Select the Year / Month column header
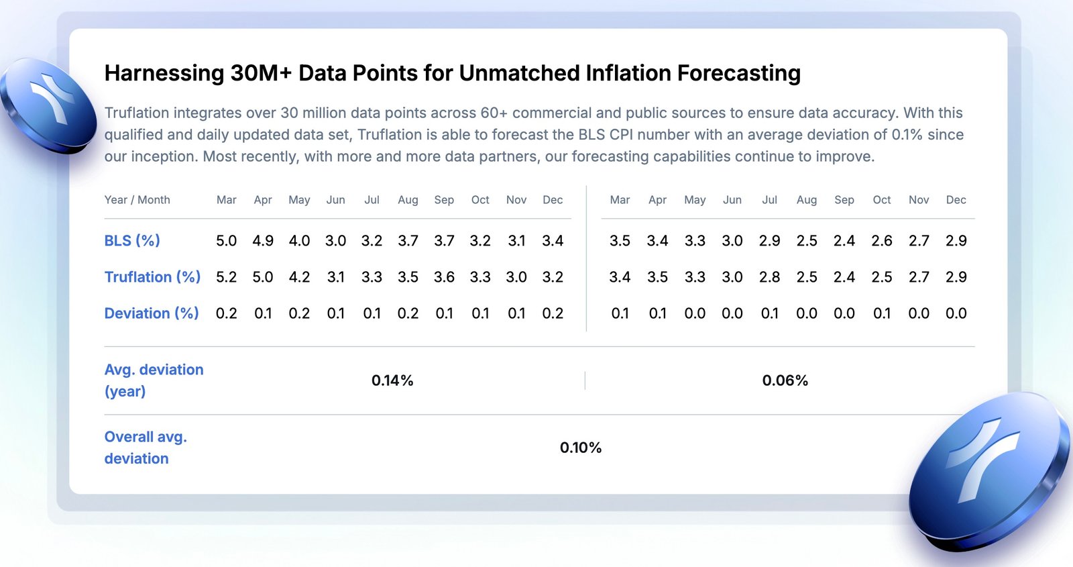coord(137,200)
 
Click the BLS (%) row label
coord(132,240)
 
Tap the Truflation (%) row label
coord(152,276)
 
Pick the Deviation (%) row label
coord(152,313)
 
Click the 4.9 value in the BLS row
coord(263,240)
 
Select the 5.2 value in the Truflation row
coord(226,276)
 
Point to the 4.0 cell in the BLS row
coord(299,240)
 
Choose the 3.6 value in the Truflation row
coord(444,276)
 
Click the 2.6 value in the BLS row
coord(882,240)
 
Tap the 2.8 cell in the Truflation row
coord(769,276)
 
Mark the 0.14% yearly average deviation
coord(392,380)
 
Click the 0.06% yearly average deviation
coord(785,380)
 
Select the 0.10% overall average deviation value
coord(581,448)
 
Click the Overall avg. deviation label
coord(146,448)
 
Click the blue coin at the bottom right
coord(989,472)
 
